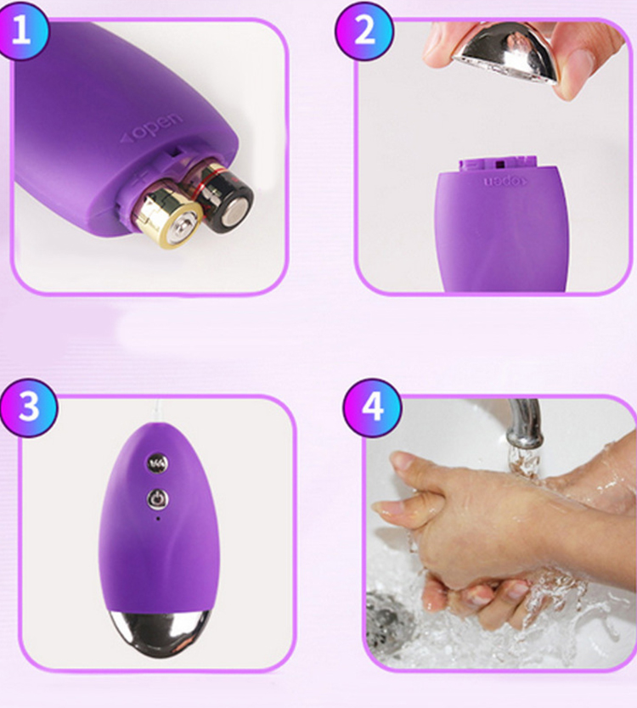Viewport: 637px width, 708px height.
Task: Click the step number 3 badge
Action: (29, 407)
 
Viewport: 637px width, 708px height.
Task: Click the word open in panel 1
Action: (151, 129)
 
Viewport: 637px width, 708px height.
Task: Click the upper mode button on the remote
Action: (157, 463)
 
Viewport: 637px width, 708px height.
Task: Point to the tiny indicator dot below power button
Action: (157, 516)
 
